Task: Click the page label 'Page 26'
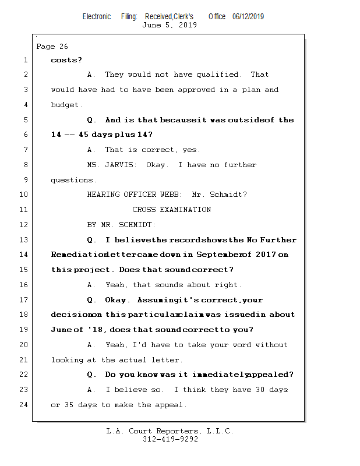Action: point(52,47)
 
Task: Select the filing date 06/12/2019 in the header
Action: point(248,16)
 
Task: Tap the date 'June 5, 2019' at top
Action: point(170,25)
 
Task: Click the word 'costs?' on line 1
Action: point(66,60)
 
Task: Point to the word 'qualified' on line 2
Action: point(218,75)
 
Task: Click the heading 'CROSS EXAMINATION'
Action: point(171,210)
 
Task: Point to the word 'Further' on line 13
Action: point(278,240)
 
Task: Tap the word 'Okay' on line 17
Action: point(116,300)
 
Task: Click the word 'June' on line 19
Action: point(61,330)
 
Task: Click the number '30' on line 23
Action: point(260,390)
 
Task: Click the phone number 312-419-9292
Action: point(170,439)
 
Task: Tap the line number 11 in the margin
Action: point(23,210)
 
